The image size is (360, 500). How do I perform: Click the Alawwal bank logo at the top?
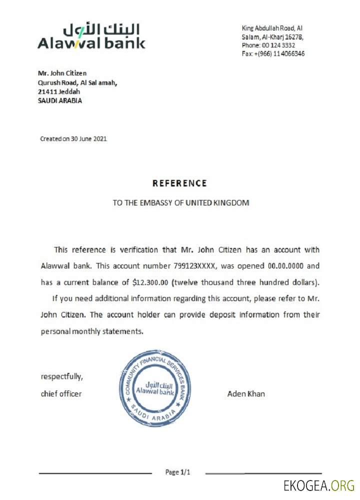[91, 36]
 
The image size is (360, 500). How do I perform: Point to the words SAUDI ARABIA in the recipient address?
[60, 100]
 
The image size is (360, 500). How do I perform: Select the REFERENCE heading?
[179, 183]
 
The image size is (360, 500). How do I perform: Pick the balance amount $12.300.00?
[151, 282]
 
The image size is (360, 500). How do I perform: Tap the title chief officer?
[61, 394]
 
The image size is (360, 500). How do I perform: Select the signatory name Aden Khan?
[246, 394]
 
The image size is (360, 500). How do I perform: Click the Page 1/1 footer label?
[178, 472]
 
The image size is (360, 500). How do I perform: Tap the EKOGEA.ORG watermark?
[318, 485]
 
